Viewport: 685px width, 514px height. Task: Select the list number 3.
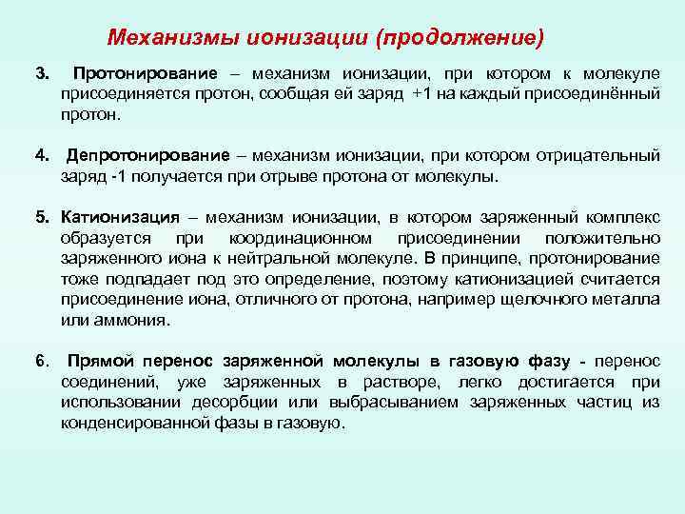coord(41,73)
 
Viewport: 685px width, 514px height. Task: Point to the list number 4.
coord(41,156)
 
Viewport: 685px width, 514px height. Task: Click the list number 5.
coord(41,217)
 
